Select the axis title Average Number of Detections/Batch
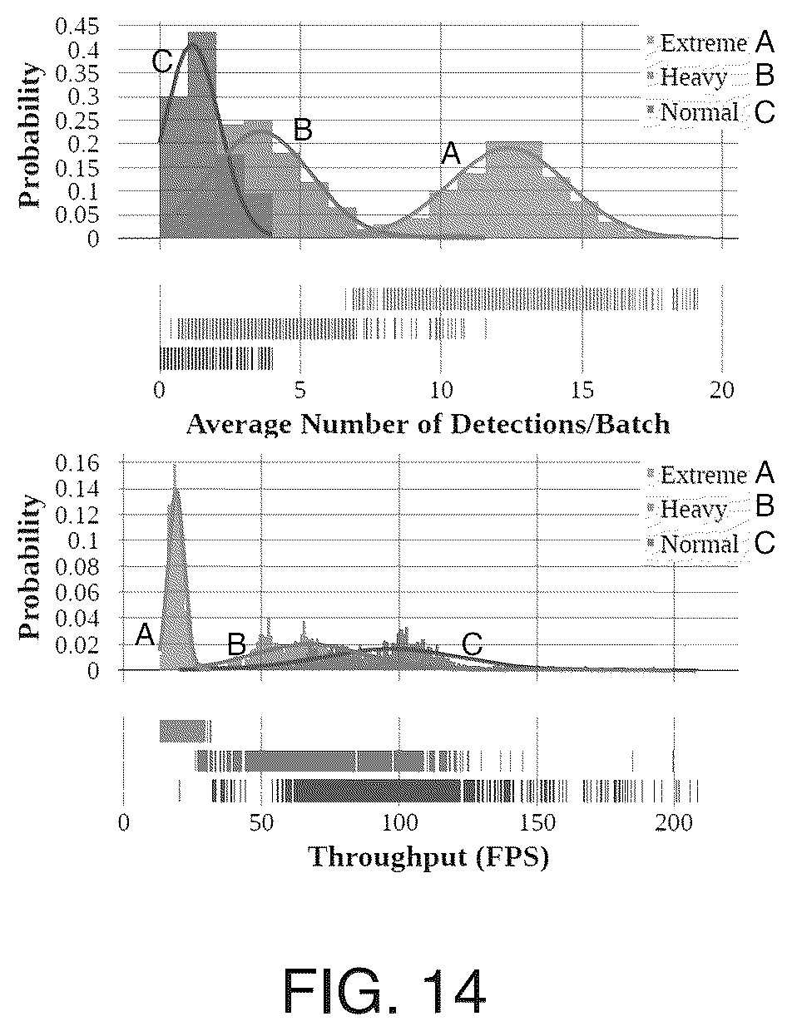click(428, 424)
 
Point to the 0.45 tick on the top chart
click(77, 26)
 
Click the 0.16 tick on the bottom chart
click(77, 463)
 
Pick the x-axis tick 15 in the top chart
click(582, 389)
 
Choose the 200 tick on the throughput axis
click(674, 822)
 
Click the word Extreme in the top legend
click(704, 43)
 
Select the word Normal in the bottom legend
click(700, 544)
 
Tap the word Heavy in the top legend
click(693, 77)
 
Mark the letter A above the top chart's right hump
click(450, 154)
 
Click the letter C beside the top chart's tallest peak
click(162, 62)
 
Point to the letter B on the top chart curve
click(303, 130)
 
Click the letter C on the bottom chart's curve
click(473, 644)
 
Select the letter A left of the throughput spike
click(146, 635)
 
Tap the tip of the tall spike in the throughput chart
click(175, 465)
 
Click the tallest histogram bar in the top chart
click(202, 136)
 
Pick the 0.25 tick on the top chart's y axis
click(77, 121)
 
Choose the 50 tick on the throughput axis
click(261, 822)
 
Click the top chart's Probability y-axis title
click(29, 136)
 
